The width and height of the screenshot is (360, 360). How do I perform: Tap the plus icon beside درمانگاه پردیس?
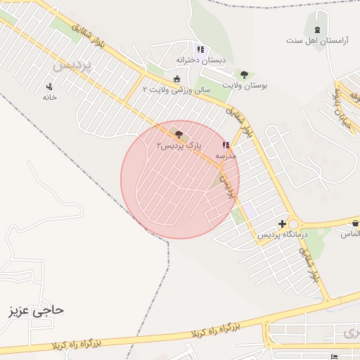[283, 224]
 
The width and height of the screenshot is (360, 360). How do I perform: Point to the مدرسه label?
[225, 155]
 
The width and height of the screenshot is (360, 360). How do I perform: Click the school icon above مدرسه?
[226, 146]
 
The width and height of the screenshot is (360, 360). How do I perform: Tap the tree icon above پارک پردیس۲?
[179, 134]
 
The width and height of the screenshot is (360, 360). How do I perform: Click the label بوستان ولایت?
[245, 85]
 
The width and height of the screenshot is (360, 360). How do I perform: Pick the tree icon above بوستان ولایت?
[244, 75]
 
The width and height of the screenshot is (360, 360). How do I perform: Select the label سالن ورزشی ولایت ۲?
[176, 89]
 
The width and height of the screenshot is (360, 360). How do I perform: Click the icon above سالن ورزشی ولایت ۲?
[176, 79]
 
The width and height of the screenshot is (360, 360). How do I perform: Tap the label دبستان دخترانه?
[201, 60]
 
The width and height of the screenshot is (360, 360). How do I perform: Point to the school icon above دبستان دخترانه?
[200, 50]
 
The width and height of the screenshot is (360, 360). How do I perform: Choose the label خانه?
[49, 97]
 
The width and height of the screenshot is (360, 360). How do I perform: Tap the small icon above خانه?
[49, 87]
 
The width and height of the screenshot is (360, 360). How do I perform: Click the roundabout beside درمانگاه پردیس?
[294, 224]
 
